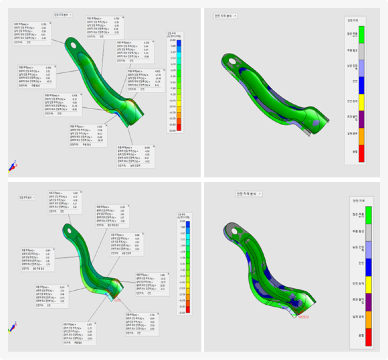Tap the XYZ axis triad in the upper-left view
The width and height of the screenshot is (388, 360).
[x=13, y=166]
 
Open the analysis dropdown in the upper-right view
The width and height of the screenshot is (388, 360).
[x=226, y=16]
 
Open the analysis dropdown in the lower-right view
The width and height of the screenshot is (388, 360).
[x=249, y=194]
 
